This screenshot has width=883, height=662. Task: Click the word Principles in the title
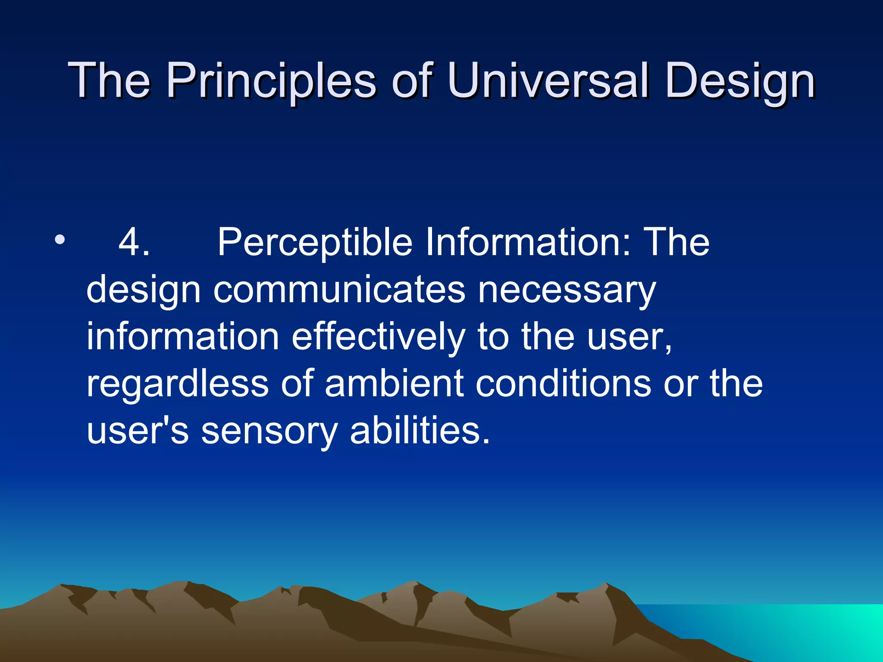click(272, 81)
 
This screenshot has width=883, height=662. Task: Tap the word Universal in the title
click(548, 81)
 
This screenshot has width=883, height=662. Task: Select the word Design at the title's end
click(740, 81)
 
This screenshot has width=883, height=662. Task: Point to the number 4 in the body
click(134, 242)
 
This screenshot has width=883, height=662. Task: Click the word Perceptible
click(315, 242)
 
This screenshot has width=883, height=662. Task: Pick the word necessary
click(567, 290)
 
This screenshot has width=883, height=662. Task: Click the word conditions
click(563, 384)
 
